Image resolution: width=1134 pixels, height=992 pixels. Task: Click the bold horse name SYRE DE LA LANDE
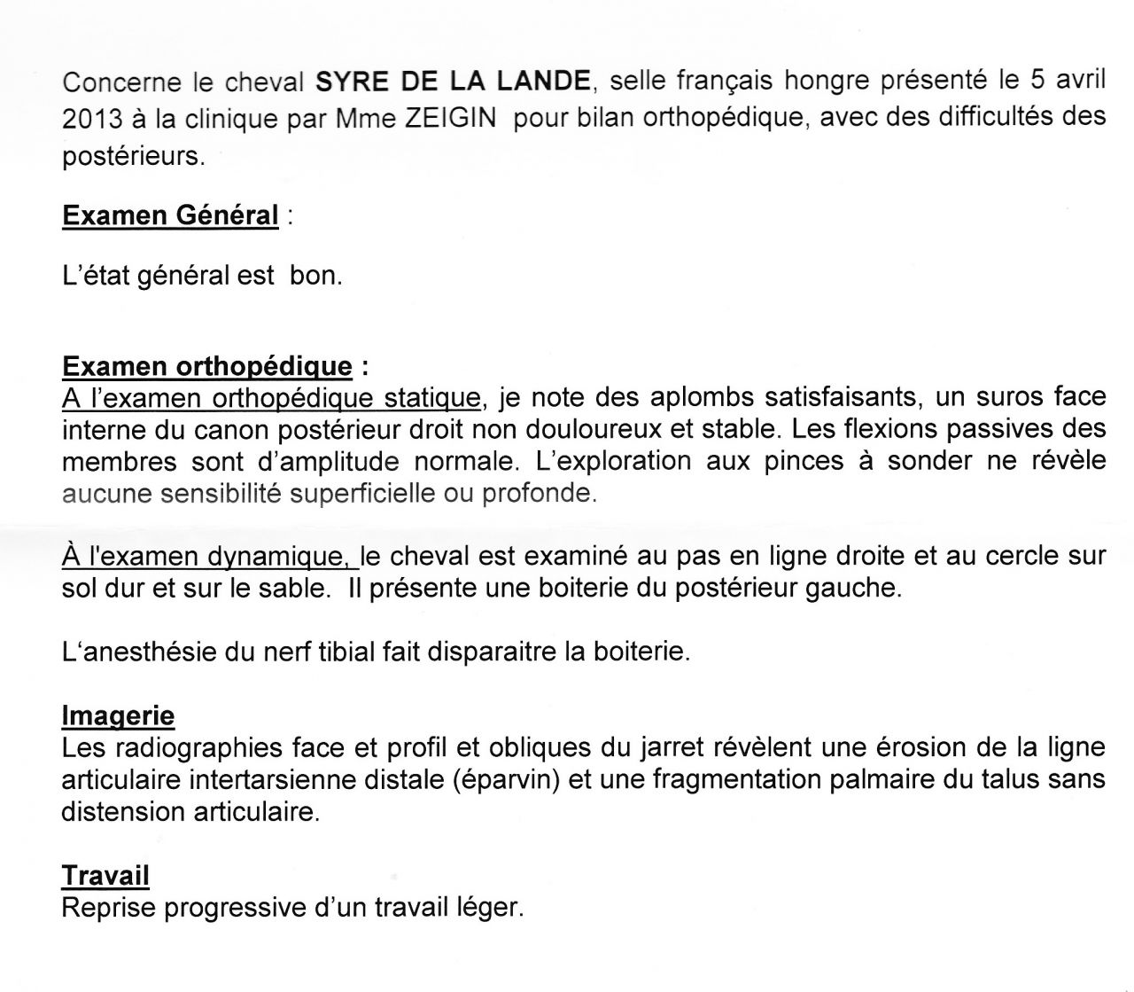point(453,82)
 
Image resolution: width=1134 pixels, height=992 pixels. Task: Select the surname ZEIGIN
point(449,119)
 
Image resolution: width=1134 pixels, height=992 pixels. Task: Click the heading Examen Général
point(170,215)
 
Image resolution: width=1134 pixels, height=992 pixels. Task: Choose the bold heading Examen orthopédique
point(206,367)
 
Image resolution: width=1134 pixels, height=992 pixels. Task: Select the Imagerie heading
point(118,715)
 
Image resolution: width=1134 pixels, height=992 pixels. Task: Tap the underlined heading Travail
point(105,876)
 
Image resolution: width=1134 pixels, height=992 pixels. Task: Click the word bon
point(315,276)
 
